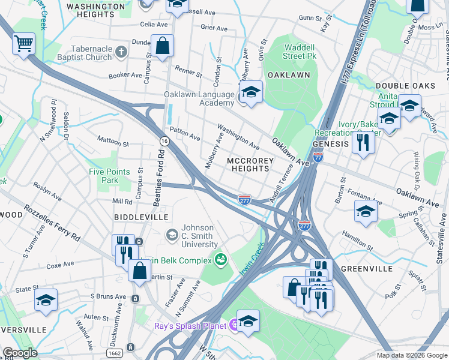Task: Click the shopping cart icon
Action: (x=23, y=43)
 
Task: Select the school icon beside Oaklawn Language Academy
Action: (x=252, y=93)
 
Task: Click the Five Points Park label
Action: (x=109, y=176)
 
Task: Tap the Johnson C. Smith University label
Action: (x=199, y=236)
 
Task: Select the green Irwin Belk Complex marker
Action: (x=220, y=260)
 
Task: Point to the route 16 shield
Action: (x=164, y=140)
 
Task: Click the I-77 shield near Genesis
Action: (x=318, y=157)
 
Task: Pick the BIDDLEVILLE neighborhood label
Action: (x=140, y=217)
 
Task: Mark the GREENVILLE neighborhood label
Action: (x=366, y=268)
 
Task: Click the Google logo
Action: (x=20, y=353)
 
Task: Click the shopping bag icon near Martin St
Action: (x=139, y=271)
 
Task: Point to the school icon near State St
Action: (x=46, y=300)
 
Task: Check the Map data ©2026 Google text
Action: (x=411, y=355)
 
